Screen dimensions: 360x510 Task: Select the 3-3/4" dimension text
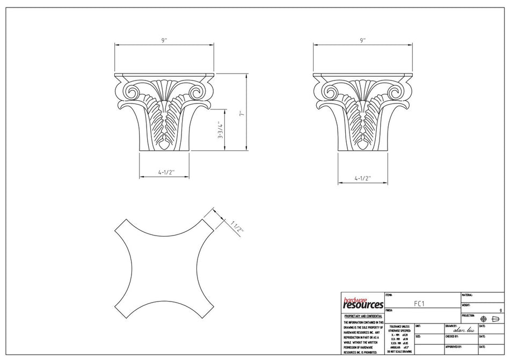tap(220, 130)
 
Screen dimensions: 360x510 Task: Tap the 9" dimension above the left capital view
tap(164, 40)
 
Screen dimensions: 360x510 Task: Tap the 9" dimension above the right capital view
tap(363, 40)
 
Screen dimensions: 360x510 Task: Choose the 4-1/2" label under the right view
tap(363, 177)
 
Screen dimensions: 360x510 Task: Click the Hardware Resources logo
tap(363, 303)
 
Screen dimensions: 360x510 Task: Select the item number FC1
tap(420, 303)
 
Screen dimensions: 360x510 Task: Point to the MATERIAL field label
tap(467, 295)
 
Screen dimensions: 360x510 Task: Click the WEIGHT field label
tap(466, 305)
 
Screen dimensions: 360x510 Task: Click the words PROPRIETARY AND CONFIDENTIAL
tap(363, 317)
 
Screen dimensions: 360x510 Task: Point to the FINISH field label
tap(389, 310)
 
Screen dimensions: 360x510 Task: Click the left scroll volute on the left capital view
tap(131, 92)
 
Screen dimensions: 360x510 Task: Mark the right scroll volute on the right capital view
tap(397, 92)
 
